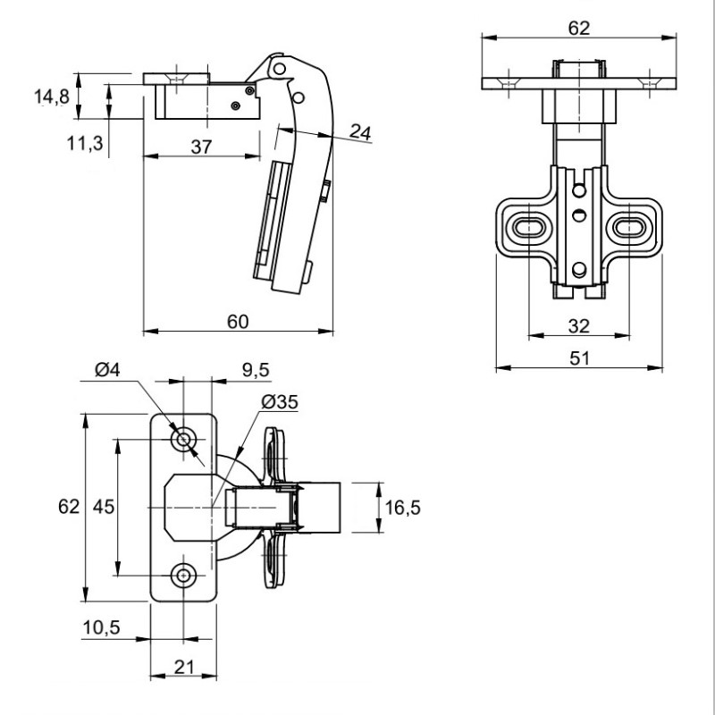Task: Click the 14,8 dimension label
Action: pyautogui.click(x=52, y=97)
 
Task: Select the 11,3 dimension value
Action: pyautogui.click(x=85, y=144)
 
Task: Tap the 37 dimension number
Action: pyautogui.click(x=202, y=147)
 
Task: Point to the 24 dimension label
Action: pyautogui.click(x=360, y=132)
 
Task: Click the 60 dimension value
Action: pyautogui.click(x=238, y=322)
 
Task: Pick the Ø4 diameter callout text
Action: pyautogui.click(x=107, y=369)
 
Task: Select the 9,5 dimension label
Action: pyautogui.click(x=256, y=370)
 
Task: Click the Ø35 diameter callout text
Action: pyautogui.click(x=280, y=402)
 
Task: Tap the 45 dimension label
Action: pyautogui.click(x=104, y=507)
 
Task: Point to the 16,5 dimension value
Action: pyautogui.click(x=403, y=508)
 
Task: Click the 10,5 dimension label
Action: pyautogui.click(x=101, y=628)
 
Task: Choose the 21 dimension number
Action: pyautogui.click(x=184, y=667)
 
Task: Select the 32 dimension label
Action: pyautogui.click(x=578, y=326)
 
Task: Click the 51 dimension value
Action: pyautogui.click(x=579, y=358)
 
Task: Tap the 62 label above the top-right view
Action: pyautogui.click(x=579, y=29)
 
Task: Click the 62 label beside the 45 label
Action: pyautogui.click(x=69, y=507)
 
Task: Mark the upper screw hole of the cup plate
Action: pyautogui.click(x=184, y=440)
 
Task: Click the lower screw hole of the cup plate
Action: pyautogui.click(x=184, y=576)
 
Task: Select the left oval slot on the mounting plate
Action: pyautogui.click(x=528, y=227)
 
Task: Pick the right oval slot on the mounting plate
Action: pyautogui.click(x=629, y=227)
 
